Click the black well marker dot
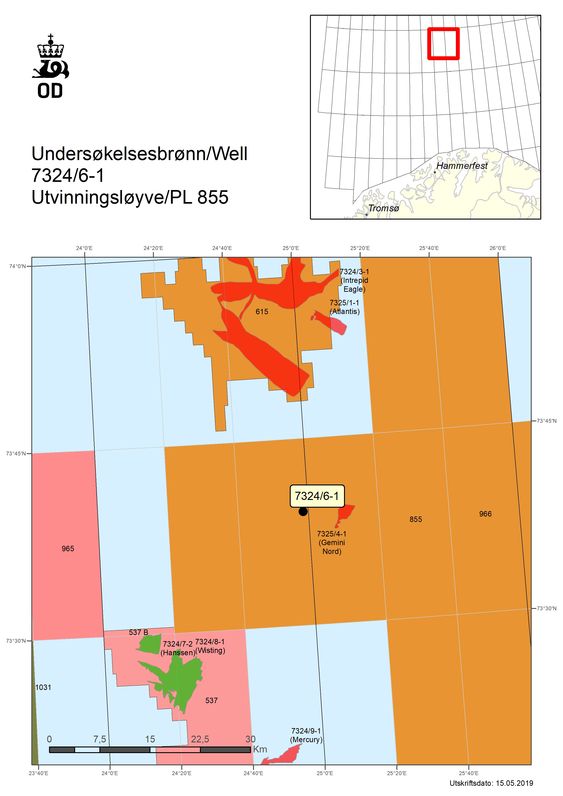303,511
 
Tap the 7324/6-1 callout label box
317,496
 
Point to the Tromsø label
384,208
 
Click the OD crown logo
51,66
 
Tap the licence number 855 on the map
416,519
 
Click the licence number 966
485,514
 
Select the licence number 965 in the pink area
68,548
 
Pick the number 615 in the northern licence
262,311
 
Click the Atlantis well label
345,307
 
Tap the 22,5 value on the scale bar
200,739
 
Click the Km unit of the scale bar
260,749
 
